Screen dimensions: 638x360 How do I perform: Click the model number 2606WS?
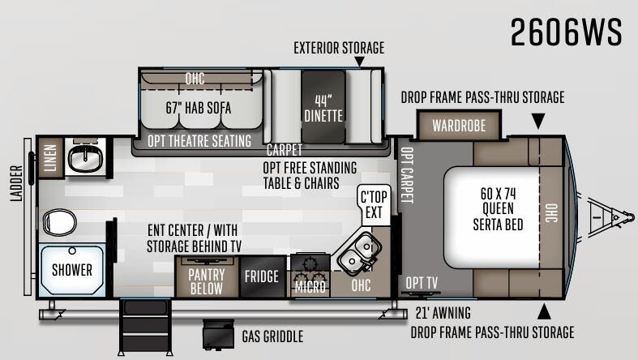(x=566, y=32)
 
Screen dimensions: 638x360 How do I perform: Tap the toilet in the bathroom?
(x=59, y=222)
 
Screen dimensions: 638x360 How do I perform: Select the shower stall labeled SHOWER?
(x=72, y=270)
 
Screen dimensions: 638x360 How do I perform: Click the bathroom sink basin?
(x=84, y=158)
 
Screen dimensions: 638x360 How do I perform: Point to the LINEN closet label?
(x=50, y=158)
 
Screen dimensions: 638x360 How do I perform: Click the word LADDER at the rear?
(x=16, y=183)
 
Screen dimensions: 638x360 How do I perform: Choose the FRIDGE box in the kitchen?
(x=263, y=276)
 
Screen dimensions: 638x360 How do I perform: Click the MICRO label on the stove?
(x=310, y=287)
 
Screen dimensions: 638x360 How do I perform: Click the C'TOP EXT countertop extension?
(x=374, y=204)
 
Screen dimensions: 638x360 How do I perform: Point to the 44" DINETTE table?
(x=323, y=107)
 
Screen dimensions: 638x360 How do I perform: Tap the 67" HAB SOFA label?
(x=199, y=108)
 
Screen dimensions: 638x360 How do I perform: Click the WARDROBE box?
(x=459, y=126)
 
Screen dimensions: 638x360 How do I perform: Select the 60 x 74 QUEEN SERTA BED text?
(x=498, y=208)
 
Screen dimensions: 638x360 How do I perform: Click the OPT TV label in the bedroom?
(x=422, y=283)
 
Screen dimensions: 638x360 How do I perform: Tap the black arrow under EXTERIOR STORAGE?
(x=359, y=61)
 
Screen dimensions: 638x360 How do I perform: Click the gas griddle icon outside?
(x=219, y=334)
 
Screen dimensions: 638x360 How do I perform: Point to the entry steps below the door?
(x=145, y=328)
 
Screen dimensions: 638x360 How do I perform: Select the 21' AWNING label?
(x=443, y=313)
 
